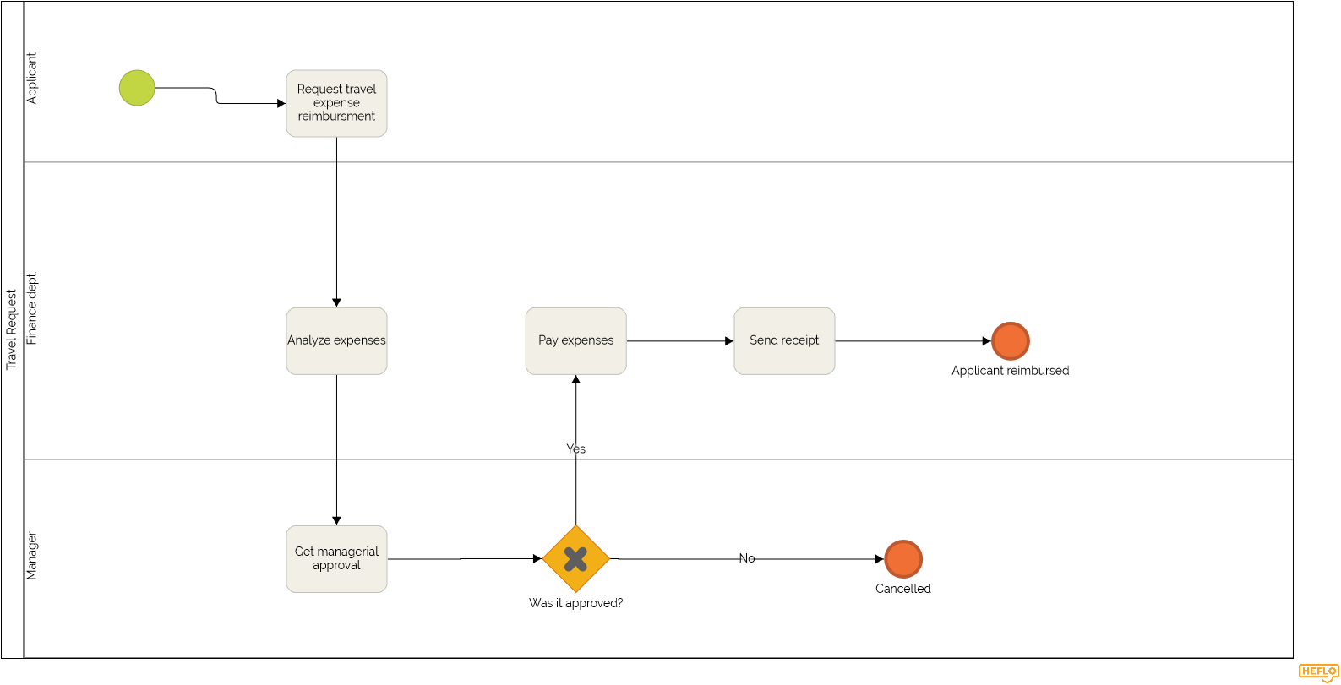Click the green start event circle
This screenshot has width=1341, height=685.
click(137, 88)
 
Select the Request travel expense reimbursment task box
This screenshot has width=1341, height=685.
click(336, 103)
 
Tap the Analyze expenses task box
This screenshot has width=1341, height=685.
click(336, 340)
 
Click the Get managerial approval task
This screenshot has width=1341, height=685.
click(336, 558)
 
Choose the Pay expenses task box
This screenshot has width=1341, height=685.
click(575, 340)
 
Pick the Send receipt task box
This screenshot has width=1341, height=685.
click(784, 340)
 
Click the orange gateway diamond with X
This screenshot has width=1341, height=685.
click(575, 558)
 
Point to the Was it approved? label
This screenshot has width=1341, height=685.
click(575, 603)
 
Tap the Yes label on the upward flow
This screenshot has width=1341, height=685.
click(575, 449)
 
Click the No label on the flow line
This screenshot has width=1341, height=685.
click(747, 558)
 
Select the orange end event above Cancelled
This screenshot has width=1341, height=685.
click(902, 558)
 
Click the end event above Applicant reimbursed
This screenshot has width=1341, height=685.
click(1010, 341)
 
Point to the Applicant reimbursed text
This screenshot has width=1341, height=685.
click(1010, 371)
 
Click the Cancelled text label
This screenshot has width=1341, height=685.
click(902, 589)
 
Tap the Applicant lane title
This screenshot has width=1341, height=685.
click(32, 79)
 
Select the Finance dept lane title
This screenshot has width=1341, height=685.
click(32, 308)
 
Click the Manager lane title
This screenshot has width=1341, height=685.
click(32, 556)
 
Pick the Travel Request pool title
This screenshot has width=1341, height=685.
click(12, 329)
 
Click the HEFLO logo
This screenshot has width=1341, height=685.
click(1318, 672)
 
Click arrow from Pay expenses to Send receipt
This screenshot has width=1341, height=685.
click(679, 341)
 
